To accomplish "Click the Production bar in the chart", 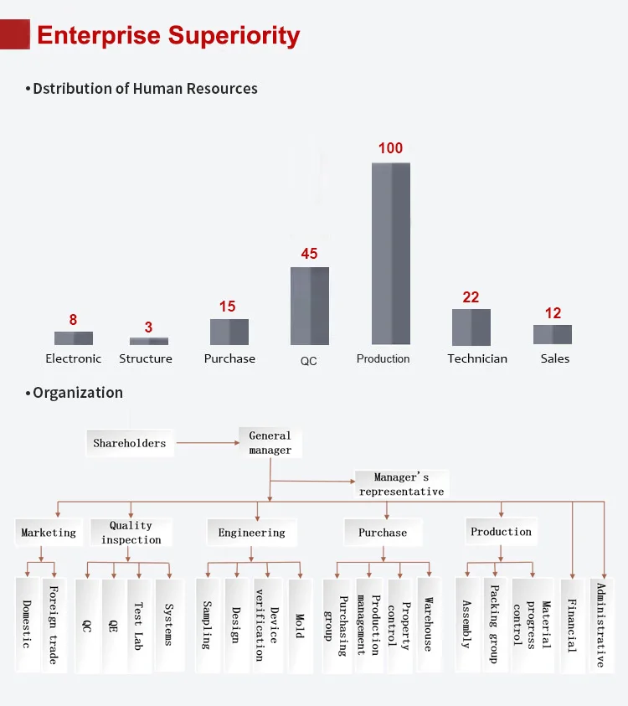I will point(391,253).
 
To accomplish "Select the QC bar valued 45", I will point(310,306).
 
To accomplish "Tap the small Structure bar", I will point(149,341).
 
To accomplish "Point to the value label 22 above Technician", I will point(471,297).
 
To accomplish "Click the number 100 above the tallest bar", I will point(390,148).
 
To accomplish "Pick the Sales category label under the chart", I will point(554,358).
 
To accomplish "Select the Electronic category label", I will point(74,358).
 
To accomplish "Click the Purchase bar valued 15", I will point(229,332).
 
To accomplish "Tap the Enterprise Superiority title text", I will point(168,36).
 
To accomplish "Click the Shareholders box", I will point(130,443).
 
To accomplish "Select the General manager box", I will point(270,443).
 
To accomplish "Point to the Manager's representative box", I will point(402,484).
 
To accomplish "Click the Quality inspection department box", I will point(131,533).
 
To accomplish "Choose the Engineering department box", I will point(251,533).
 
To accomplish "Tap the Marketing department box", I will point(49,533).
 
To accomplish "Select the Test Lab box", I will point(139,624).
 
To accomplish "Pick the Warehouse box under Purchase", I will point(428,624).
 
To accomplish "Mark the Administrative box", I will point(600,624).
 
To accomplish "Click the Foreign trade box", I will point(54,624).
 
